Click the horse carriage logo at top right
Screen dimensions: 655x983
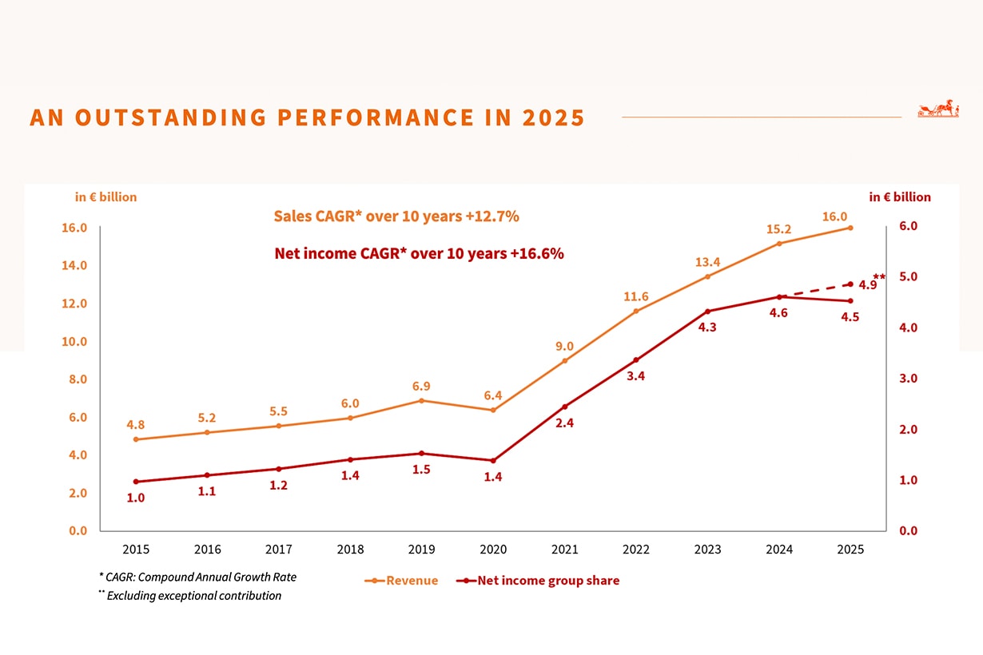[x=937, y=109]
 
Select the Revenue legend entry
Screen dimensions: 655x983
[x=402, y=581]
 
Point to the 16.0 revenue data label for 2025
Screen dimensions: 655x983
[x=834, y=216]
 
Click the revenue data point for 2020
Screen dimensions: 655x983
[x=492, y=411]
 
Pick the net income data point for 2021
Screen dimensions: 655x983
[x=565, y=407]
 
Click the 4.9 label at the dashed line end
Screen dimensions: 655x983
[x=868, y=285]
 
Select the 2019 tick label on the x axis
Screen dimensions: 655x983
[x=421, y=550]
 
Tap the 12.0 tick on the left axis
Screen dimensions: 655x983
[x=74, y=304]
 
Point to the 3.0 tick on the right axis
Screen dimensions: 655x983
[x=908, y=379]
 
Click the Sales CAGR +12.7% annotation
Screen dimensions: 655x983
[x=396, y=216]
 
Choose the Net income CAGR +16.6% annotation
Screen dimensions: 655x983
[x=419, y=254]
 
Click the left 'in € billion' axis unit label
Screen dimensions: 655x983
[x=106, y=196]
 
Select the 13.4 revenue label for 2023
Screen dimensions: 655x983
[x=707, y=262]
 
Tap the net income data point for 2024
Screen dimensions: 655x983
[x=779, y=297]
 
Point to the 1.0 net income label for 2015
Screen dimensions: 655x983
[x=136, y=498]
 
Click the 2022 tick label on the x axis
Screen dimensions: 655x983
[x=636, y=550]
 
